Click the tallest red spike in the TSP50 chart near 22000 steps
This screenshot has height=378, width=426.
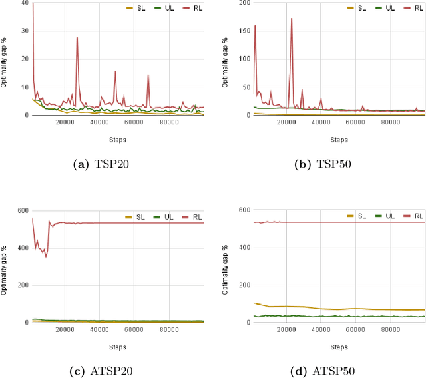292,19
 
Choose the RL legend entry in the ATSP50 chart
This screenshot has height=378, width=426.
414,216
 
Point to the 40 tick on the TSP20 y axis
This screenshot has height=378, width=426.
25,3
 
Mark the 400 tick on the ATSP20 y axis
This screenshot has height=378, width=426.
21,248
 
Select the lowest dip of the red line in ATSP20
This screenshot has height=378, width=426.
46,256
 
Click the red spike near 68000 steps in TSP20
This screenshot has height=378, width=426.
148,75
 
